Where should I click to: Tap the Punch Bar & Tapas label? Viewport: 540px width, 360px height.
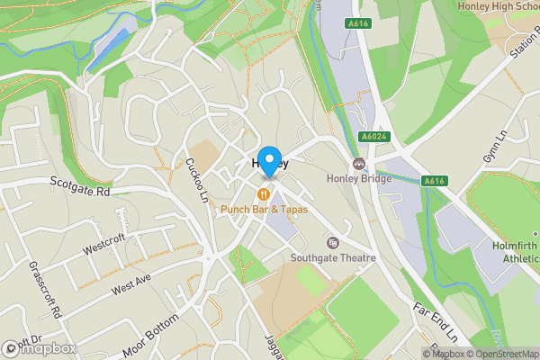(x=265, y=209)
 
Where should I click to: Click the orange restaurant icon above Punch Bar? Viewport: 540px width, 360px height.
(x=264, y=193)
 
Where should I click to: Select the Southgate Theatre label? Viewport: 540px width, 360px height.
(x=332, y=257)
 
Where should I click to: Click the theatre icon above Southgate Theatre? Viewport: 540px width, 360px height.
(x=333, y=242)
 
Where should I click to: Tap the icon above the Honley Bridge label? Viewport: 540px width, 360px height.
(x=359, y=164)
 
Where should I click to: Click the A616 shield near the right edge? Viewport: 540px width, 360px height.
(x=436, y=180)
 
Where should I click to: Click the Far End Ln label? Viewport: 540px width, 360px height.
(x=436, y=321)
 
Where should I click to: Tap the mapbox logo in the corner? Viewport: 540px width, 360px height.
(x=40, y=347)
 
